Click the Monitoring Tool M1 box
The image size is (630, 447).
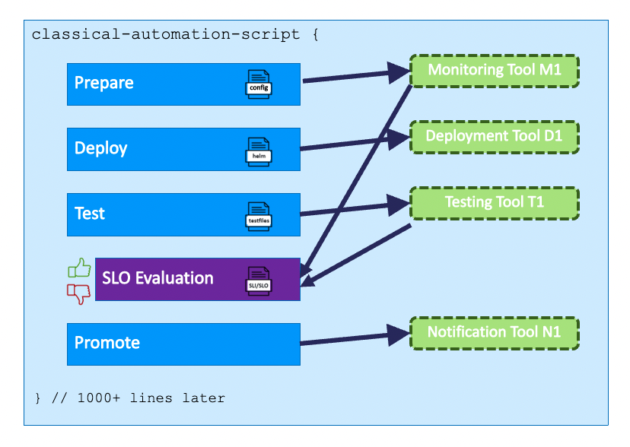point(495,71)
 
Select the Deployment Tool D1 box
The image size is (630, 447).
point(495,138)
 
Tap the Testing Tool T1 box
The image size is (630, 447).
point(495,203)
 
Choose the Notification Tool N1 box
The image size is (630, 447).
point(495,333)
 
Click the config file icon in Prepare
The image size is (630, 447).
point(259,84)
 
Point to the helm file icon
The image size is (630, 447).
point(259,152)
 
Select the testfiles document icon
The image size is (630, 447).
point(259,217)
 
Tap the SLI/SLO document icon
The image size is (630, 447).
point(259,281)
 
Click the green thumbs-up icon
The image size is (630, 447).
point(79,268)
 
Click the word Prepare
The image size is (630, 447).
point(103,83)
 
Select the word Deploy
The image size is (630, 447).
point(101,148)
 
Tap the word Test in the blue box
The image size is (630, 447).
point(90,214)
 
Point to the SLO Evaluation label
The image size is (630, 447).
point(157,278)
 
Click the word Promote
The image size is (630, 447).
point(107,343)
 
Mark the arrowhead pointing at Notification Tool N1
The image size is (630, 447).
point(399,335)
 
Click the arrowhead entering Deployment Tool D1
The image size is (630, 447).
point(399,139)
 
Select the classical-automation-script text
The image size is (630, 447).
point(166,34)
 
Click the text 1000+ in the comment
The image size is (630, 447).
point(98,398)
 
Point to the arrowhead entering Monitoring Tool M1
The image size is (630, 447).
point(399,73)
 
